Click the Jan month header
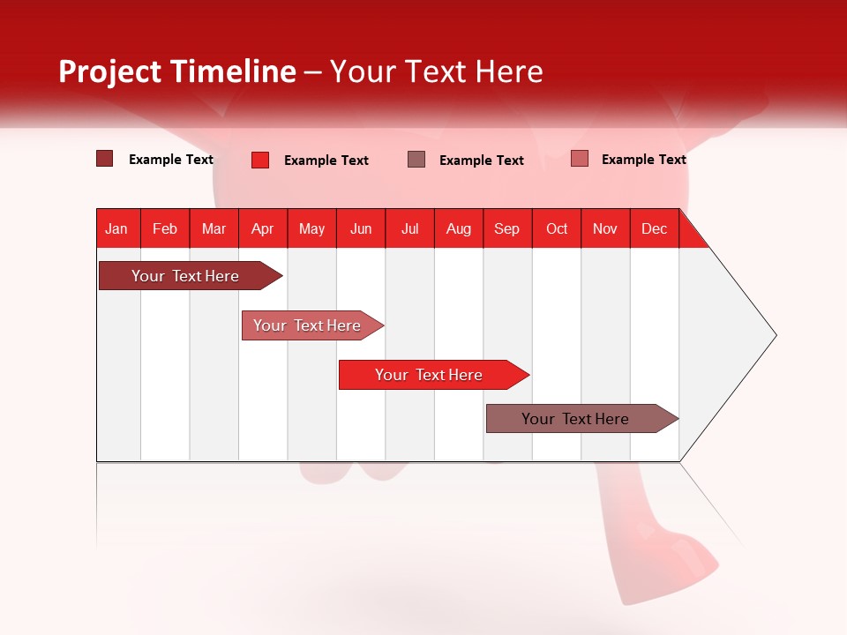(116, 228)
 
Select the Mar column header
(214, 228)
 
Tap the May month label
(311, 228)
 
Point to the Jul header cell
(409, 228)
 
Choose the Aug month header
(458, 228)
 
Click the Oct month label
(557, 228)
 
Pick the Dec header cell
(654, 228)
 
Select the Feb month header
(165, 228)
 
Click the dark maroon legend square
(104, 159)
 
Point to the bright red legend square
(259, 160)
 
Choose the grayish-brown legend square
(416, 159)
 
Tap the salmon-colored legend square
(579, 159)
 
